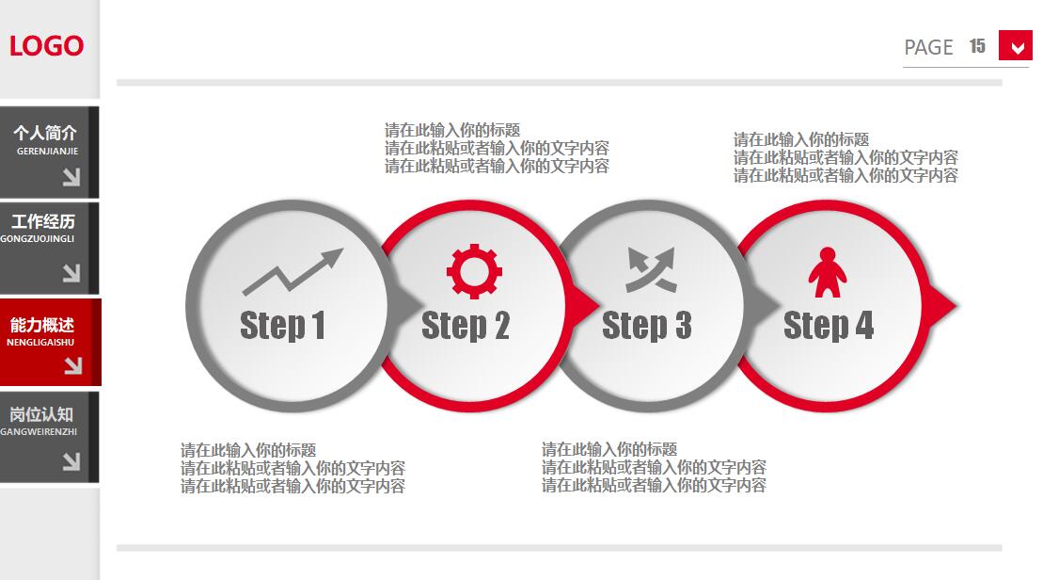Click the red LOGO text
[x=47, y=46]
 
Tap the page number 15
[x=977, y=46]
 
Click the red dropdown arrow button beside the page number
[x=1016, y=46]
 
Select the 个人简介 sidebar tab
[x=49, y=152]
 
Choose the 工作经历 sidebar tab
[x=49, y=248]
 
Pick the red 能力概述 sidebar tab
[x=51, y=343]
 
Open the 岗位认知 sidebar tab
[x=49, y=437]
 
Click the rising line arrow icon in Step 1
[x=292, y=272]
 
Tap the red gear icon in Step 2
[x=474, y=271]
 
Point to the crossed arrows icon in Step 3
[x=651, y=269]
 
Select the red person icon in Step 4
[x=828, y=272]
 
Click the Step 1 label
[x=283, y=326]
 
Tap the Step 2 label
[x=466, y=326]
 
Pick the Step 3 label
[x=646, y=326]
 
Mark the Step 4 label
[x=829, y=326]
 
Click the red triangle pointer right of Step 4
[x=941, y=306]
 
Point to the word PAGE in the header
[x=928, y=47]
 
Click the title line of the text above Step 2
[x=452, y=130]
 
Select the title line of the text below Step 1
[x=248, y=450]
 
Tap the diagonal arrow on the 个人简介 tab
[x=71, y=176]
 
